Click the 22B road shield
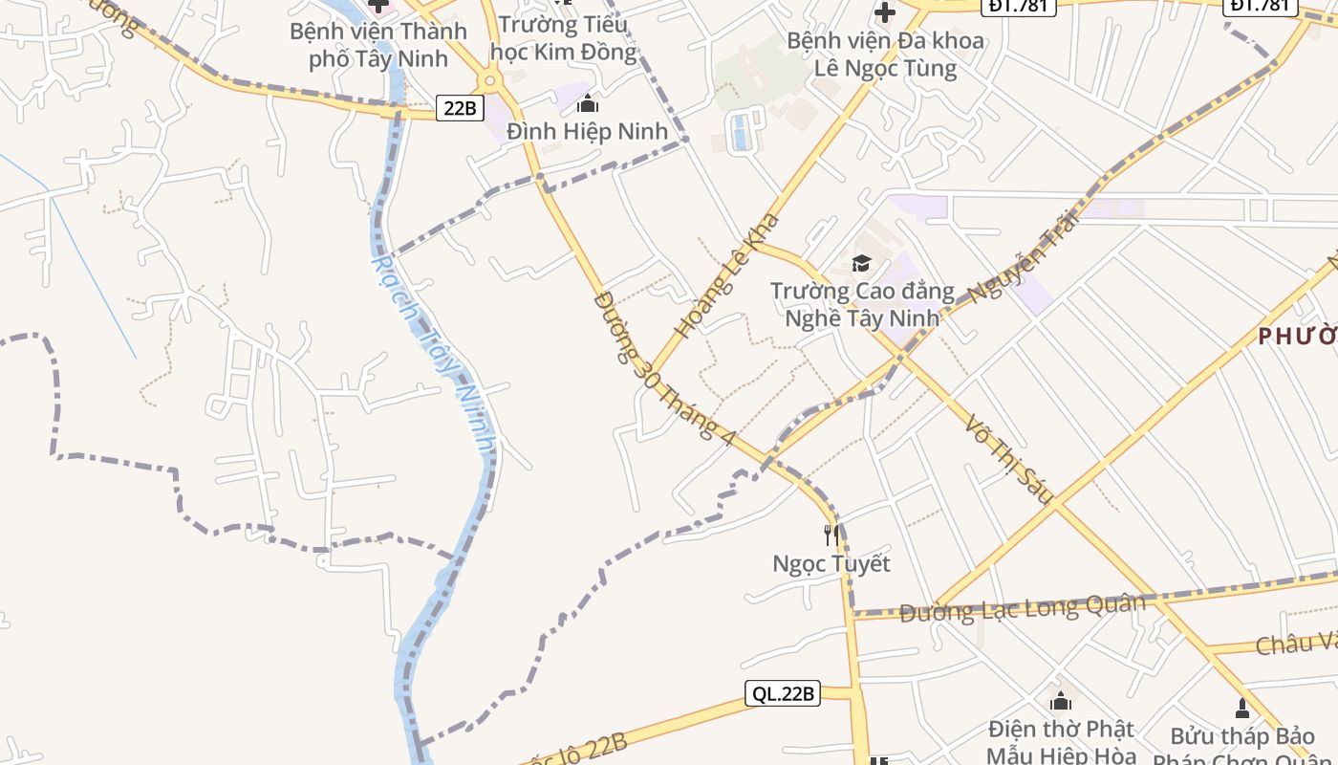pos(460,108)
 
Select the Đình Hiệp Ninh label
pos(587,131)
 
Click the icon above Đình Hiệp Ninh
pos(587,104)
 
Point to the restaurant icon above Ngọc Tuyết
pos(831,535)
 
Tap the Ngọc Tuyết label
pos(831,563)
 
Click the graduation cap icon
pos(862,263)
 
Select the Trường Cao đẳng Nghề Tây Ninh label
pos(862,303)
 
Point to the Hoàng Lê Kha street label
pos(726,276)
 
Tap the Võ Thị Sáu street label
pos(1008,458)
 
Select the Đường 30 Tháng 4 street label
pos(664,368)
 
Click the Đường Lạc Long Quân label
pos(1022,607)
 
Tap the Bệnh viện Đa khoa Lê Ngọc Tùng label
pos(885,55)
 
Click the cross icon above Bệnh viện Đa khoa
pos(885,13)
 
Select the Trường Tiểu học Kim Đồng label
pos(567,37)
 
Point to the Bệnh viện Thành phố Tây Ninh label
pos(378,45)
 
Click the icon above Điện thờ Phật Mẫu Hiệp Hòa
pos(1060,701)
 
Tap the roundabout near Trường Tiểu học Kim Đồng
pos(490,80)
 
